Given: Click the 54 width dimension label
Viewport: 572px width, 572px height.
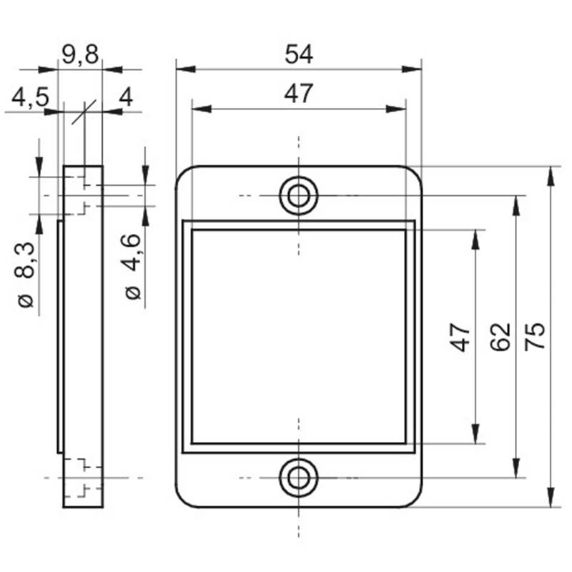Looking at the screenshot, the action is [x=299, y=54].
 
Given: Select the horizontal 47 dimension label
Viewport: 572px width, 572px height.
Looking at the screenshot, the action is [x=298, y=94].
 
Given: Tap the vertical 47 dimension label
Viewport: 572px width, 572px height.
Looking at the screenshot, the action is [x=460, y=337].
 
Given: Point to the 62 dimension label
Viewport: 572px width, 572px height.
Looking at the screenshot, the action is [x=500, y=337].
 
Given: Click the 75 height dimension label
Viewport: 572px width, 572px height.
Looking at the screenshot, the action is [x=535, y=337].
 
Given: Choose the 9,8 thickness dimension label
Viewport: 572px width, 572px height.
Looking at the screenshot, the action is [x=80, y=55].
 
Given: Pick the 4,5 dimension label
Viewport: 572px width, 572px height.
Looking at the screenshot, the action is [x=30, y=97].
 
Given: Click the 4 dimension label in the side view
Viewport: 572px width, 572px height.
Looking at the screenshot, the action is [x=127, y=97].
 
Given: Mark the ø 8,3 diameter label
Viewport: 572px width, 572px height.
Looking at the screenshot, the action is [x=26, y=275].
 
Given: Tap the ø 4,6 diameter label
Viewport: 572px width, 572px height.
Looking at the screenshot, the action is [x=132, y=267].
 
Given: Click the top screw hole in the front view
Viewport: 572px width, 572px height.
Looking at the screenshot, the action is [x=298, y=196].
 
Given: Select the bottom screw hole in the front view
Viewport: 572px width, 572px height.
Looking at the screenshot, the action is [x=298, y=478].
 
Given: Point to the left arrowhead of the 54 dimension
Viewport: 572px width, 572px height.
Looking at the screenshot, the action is [x=185, y=69].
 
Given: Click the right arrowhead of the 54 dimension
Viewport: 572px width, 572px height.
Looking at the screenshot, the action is [x=412, y=69].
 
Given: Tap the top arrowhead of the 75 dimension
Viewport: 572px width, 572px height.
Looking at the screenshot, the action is [x=551, y=176].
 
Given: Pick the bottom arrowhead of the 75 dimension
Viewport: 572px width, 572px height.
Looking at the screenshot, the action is [x=551, y=497].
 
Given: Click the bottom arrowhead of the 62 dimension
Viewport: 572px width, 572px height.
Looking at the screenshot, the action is [x=516, y=468].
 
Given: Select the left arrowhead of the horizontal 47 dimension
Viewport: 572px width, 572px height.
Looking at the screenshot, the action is [x=202, y=109].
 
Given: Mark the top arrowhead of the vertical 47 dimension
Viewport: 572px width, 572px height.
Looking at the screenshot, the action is [x=475, y=240].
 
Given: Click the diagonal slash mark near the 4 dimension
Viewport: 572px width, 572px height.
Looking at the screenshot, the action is [x=84, y=112].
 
